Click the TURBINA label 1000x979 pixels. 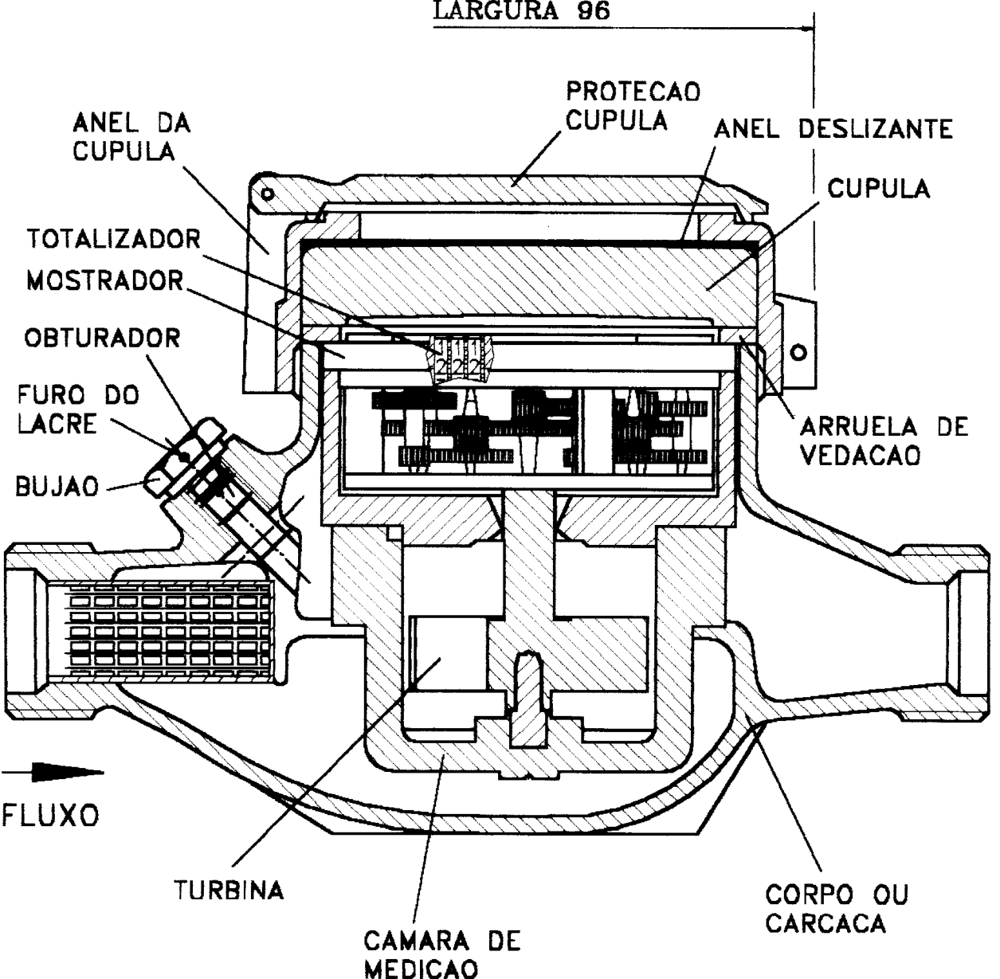[229, 891]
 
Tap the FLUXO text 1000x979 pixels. [50, 815]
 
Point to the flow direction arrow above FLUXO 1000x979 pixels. [53, 772]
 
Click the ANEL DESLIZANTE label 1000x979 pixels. [833, 129]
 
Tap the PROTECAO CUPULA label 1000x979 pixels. [633, 106]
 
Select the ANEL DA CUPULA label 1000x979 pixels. [131, 137]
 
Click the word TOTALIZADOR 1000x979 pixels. [114, 239]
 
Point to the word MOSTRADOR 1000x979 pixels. [105, 280]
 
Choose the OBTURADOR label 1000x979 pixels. [102, 338]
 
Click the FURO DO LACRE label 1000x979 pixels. [78, 409]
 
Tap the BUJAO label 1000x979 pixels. [57, 487]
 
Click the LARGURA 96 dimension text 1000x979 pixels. [522, 10]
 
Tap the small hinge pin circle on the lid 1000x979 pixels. [267, 194]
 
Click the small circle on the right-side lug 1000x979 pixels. [798, 353]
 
